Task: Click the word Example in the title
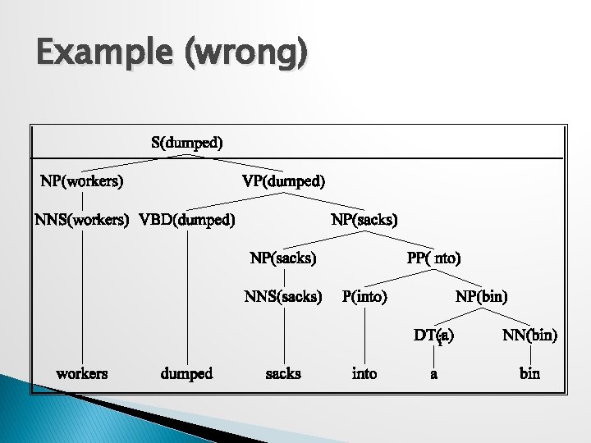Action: point(98,54)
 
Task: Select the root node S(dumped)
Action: point(187,142)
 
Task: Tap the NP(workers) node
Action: point(82,180)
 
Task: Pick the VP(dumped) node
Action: point(283,180)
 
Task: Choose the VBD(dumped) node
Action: point(188,220)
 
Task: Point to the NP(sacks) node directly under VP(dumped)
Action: point(364,220)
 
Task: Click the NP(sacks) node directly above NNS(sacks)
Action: point(283,258)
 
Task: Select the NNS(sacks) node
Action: point(283,295)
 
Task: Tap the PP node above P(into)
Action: point(434,258)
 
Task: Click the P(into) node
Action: point(364,295)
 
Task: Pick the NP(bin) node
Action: point(482,295)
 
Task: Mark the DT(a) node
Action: point(434,335)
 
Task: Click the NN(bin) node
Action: point(529,335)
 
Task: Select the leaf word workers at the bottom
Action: point(82,374)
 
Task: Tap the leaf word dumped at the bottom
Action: point(187,374)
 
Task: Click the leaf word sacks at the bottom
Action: point(283,374)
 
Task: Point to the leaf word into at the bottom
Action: point(364,374)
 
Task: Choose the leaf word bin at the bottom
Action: point(529,374)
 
